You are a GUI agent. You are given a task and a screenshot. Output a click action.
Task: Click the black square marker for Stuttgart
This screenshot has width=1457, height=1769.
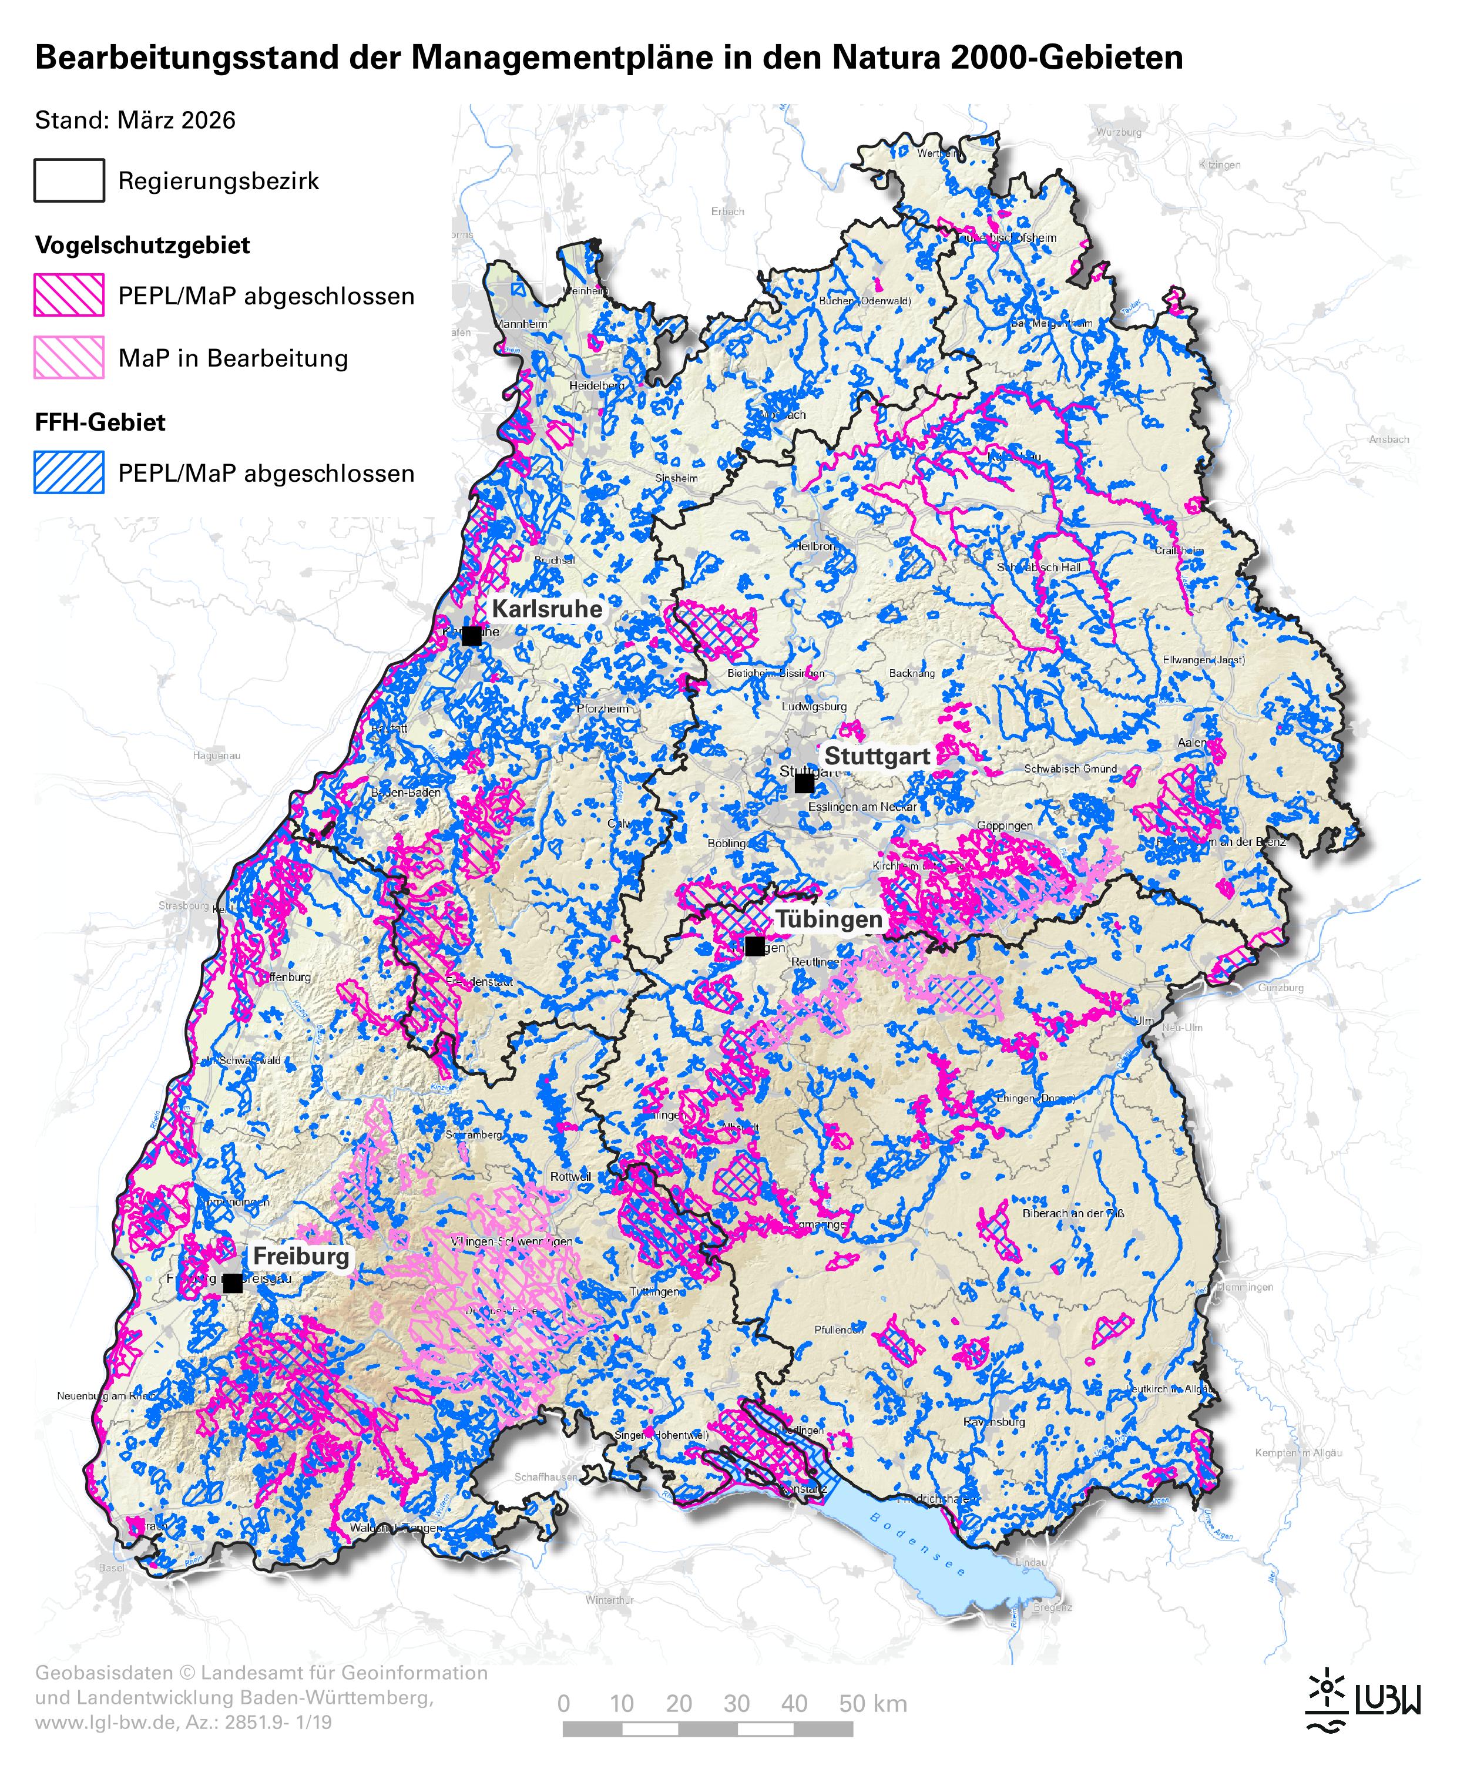804,783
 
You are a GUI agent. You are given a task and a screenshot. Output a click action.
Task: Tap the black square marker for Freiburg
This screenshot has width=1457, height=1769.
233,1283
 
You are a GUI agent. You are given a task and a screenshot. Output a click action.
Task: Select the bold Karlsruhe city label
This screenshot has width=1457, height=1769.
546,609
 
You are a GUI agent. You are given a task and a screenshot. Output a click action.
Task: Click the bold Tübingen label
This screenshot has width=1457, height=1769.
828,919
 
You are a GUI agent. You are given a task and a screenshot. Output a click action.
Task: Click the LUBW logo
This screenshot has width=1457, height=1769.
1363,1699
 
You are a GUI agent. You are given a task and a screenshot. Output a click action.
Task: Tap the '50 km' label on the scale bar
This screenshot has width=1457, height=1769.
873,1704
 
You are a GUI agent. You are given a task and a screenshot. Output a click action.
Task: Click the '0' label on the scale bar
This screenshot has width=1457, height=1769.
563,1704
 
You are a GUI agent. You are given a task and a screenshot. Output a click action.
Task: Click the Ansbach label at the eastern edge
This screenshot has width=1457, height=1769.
1388,439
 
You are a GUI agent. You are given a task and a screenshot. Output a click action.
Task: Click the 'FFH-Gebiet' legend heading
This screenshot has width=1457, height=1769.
100,422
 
